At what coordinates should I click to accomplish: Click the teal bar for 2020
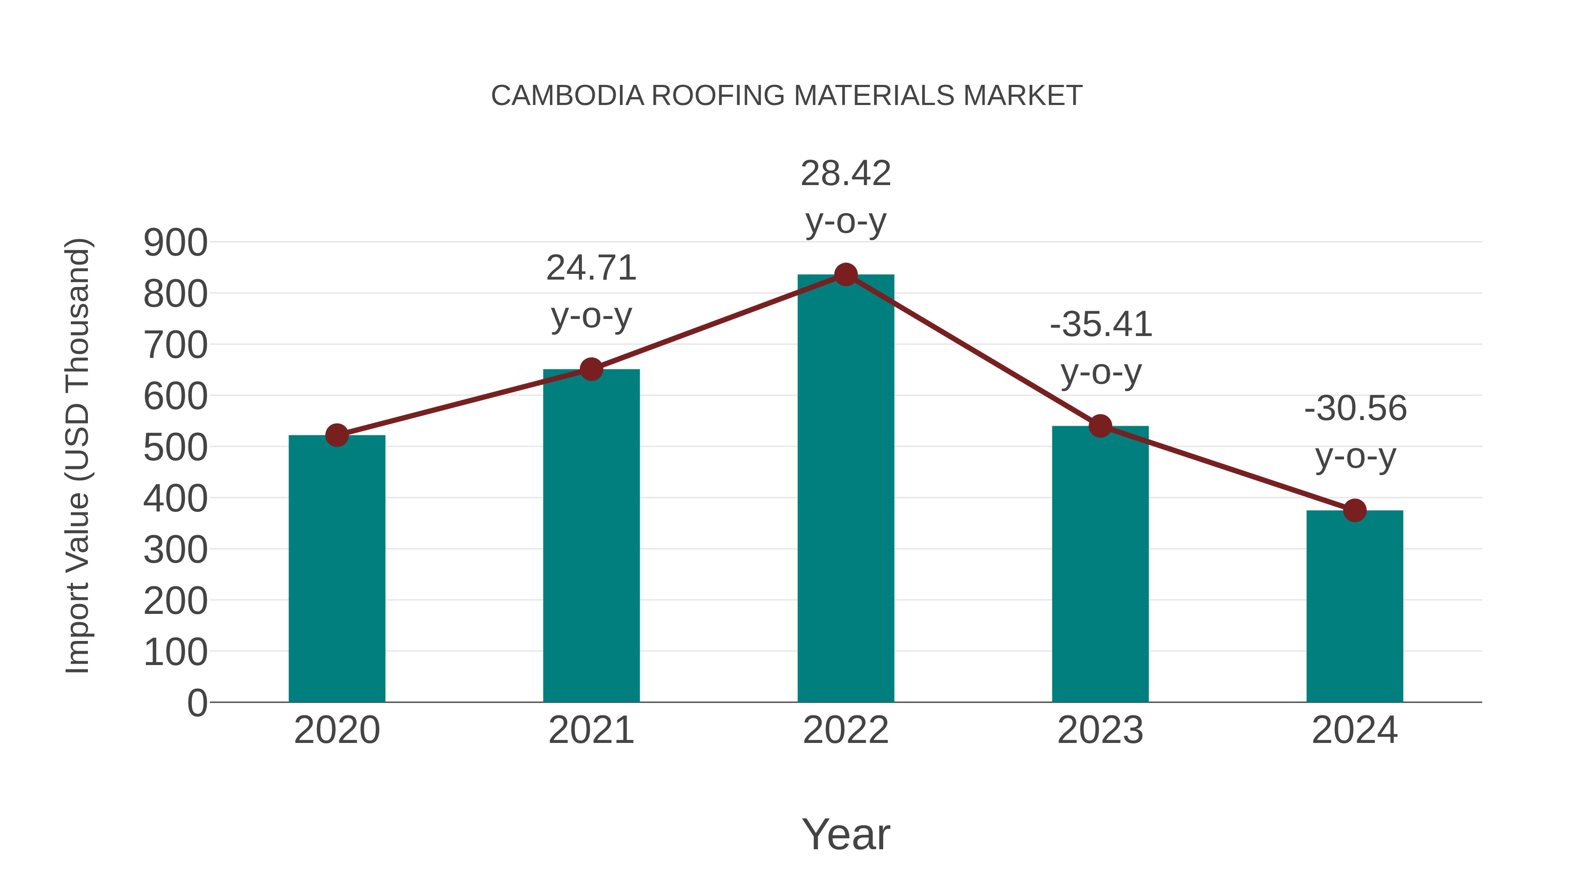(337, 569)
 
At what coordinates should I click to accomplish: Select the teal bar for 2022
(846, 489)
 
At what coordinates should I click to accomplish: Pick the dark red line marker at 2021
(591, 369)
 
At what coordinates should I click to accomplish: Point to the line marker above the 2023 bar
(1100, 426)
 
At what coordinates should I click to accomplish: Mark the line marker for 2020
(337, 435)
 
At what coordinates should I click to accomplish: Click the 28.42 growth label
(846, 174)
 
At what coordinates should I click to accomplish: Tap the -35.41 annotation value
(1100, 325)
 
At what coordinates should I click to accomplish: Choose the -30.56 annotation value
(1355, 409)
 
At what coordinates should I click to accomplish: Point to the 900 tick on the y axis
(175, 243)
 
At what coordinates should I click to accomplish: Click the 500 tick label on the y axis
(175, 448)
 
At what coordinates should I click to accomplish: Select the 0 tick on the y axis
(197, 703)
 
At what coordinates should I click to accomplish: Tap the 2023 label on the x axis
(1100, 730)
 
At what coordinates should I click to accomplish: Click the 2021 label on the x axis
(591, 730)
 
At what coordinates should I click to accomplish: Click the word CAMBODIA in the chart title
(568, 96)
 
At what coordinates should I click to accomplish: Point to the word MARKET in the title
(1022, 96)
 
